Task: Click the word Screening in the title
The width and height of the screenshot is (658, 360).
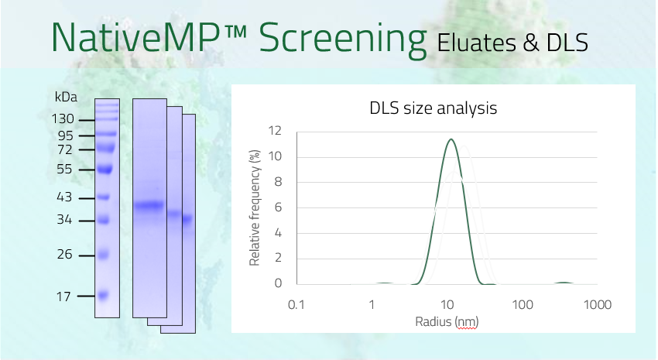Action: pos(342,39)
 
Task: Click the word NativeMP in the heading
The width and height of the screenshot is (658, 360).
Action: pos(135,36)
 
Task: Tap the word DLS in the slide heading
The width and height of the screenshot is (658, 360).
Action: pos(567,43)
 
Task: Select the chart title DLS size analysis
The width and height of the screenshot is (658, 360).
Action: pos(433,108)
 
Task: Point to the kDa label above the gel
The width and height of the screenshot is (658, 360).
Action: pos(66,97)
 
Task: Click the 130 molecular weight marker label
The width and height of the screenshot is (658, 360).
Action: pos(63,119)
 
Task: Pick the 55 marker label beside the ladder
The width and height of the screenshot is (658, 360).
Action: pos(64,169)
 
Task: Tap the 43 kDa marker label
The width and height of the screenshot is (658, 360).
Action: pos(64,197)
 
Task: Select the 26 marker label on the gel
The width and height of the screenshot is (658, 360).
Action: pos(64,254)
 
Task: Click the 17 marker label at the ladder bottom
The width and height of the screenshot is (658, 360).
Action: pos(63,297)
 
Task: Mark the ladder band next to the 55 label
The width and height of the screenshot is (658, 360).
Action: pos(105,170)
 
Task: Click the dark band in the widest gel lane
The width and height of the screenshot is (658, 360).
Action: pos(149,206)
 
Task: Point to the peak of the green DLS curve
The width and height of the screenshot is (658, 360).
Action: pos(451,139)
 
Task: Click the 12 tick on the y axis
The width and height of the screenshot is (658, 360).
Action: pos(275,131)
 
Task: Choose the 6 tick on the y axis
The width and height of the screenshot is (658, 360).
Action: pos(278,207)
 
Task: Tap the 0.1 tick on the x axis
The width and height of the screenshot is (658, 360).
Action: pos(296,304)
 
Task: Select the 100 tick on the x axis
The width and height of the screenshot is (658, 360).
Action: pos(523,304)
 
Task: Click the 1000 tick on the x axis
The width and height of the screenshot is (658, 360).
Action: pos(598,304)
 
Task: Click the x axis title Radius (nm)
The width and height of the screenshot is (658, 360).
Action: pos(447,322)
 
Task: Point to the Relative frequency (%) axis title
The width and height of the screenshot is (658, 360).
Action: pos(255,208)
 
